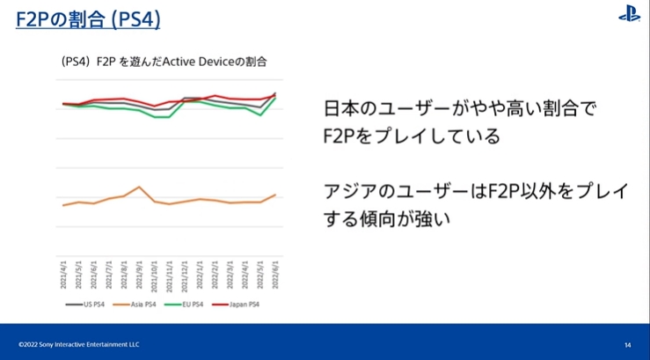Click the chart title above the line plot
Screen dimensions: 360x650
[x=164, y=62]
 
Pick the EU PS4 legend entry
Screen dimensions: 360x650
[x=190, y=304]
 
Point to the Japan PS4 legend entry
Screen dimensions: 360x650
[x=242, y=304]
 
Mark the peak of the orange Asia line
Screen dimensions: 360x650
[x=139, y=187]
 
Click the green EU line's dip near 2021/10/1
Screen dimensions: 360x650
[x=156, y=116]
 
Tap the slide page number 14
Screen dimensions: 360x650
[x=627, y=344]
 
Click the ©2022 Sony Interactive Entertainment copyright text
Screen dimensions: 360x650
[x=78, y=344]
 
